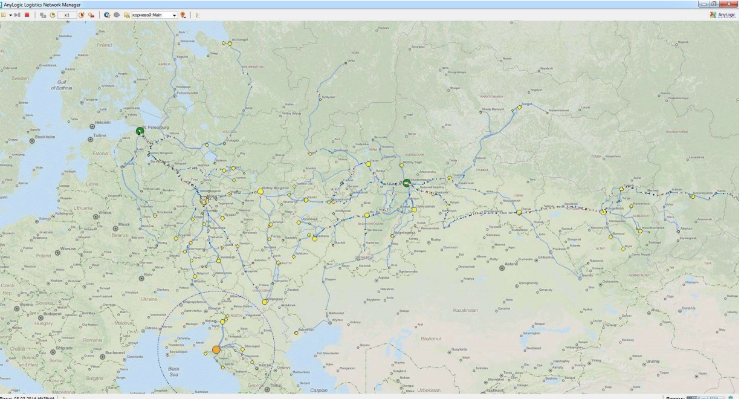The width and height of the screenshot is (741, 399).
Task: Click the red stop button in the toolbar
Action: [27, 14]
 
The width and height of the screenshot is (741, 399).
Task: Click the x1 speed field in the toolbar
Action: [66, 14]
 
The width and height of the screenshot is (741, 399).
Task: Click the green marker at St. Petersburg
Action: [140, 130]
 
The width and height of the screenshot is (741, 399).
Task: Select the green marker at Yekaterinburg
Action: [407, 182]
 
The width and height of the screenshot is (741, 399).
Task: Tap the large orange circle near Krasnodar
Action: [216, 349]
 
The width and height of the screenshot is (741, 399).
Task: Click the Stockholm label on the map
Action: [45, 137]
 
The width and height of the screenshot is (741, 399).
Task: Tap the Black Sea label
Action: [173, 371]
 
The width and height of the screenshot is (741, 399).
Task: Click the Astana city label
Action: [512, 264]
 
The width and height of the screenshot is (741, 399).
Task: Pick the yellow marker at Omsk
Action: [519, 212]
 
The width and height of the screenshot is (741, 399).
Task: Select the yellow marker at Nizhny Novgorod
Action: [260, 191]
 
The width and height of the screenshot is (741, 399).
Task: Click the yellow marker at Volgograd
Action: [265, 302]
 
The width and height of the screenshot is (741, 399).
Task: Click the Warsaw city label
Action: [68, 248]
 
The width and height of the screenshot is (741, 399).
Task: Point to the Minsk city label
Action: [123, 224]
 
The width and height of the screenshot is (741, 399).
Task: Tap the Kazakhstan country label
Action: [465, 310]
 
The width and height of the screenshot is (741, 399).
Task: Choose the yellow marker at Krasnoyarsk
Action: [692, 196]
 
